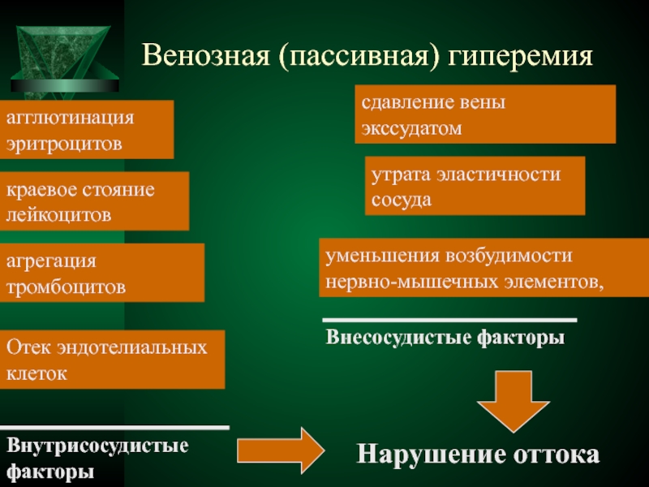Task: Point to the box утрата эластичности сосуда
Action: coord(475,185)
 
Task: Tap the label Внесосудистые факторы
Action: coord(445,337)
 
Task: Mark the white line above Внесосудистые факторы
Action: coord(449,320)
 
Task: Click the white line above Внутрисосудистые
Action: coord(114,427)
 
